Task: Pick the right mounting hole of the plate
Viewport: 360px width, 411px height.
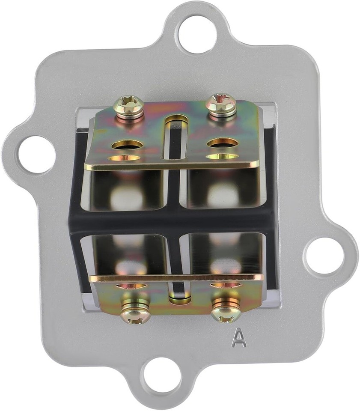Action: click(x=324, y=256)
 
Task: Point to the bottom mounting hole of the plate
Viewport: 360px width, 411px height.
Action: click(x=162, y=377)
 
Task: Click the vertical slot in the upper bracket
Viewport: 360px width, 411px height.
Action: click(x=176, y=137)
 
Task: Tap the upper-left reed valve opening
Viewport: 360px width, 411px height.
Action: click(x=127, y=191)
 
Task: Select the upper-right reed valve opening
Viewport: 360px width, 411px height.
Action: click(x=222, y=189)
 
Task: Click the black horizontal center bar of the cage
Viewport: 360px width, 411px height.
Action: click(x=176, y=221)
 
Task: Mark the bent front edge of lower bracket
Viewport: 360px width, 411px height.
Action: click(x=176, y=277)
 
